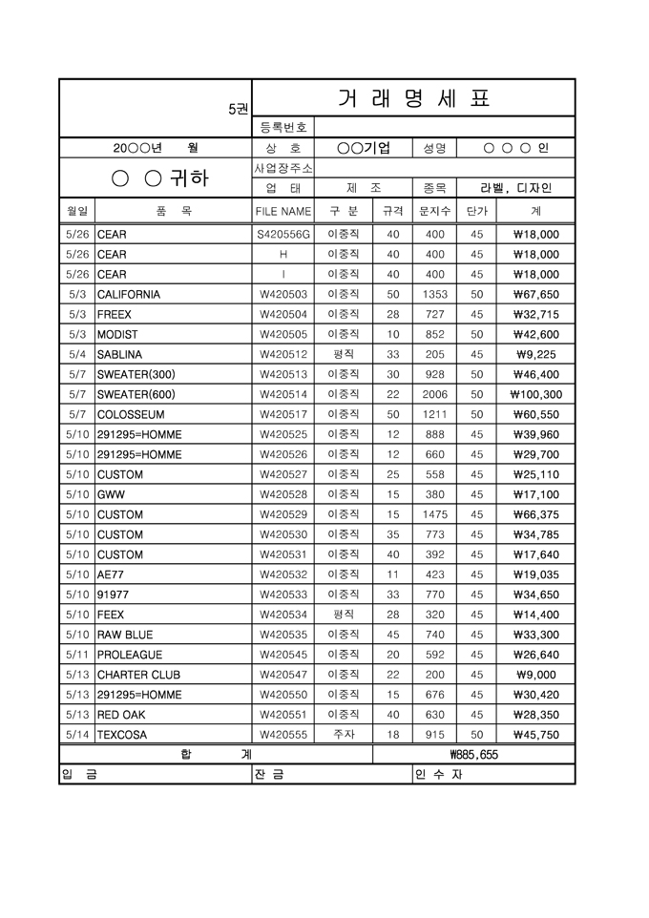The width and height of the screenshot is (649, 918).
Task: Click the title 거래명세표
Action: click(413, 98)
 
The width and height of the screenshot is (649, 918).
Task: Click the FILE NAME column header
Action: click(283, 211)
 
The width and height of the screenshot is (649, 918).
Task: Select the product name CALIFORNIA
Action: click(129, 295)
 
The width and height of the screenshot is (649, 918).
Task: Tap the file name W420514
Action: click(283, 395)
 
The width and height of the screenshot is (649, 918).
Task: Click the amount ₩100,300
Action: click(536, 395)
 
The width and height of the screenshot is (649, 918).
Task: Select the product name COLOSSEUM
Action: click(131, 415)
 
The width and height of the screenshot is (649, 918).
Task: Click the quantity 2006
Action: click(434, 395)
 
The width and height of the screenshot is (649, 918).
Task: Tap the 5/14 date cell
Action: click(77, 736)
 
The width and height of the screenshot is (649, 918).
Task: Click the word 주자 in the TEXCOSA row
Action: click(344, 736)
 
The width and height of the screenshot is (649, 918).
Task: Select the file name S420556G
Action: click(283, 235)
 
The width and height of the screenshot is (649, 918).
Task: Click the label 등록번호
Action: click(283, 127)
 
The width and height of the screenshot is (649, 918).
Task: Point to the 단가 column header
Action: click(476, 211)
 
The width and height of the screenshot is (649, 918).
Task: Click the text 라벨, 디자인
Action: click(516, 188)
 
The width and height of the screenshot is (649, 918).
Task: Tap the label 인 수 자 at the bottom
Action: click(438, 775)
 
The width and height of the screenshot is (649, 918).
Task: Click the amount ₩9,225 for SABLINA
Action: click(539, 355)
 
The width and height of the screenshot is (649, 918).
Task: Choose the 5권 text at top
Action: click(238, 109)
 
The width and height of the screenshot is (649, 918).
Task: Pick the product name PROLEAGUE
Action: click(130, 656)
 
